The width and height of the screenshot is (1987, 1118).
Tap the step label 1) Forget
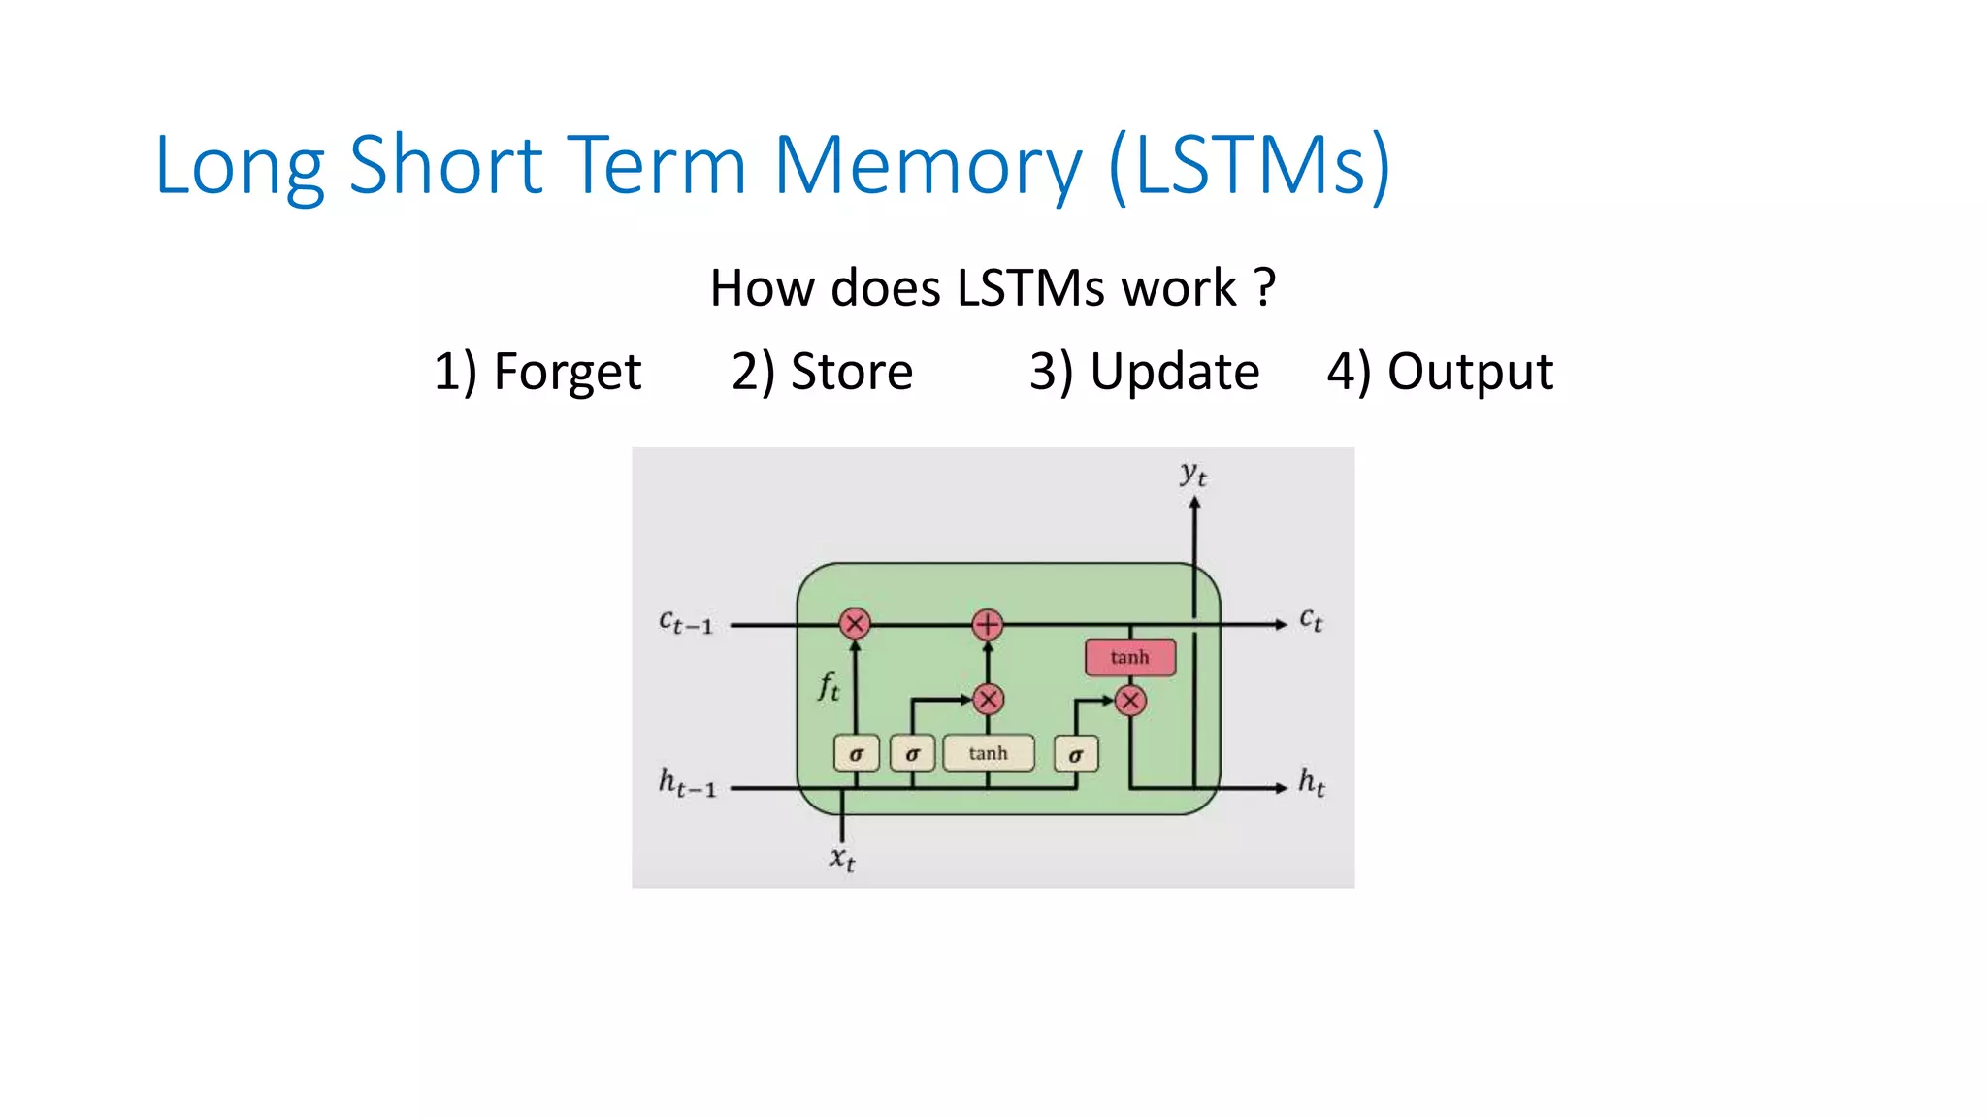click(x=537, y=372)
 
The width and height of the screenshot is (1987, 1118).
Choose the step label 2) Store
click(x=822, y=372)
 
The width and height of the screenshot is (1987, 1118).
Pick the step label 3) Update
click(x=1144, y=372)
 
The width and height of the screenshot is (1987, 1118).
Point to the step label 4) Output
click(x=1440, y=372)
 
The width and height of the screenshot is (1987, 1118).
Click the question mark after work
click(x=1264, y=288)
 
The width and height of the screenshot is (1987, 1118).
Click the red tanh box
click(x=1129, y=657)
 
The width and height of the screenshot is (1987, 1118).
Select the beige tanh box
click(x=988, y=753)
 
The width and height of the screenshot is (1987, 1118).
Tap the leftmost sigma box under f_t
click(x=856, y=754)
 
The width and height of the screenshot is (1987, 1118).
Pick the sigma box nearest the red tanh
click(x=1075, y=754)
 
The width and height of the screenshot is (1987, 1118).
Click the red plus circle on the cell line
click(x=987, y=624)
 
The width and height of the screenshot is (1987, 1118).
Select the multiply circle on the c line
click(x=855, y=623)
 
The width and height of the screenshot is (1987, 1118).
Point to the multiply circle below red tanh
click(x=1130, y=701)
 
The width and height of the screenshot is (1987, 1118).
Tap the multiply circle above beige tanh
click(x=988, y=699)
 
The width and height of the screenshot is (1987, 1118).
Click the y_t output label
click(x=1193, y=475)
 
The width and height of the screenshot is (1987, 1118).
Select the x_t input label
click(x=842, y=859)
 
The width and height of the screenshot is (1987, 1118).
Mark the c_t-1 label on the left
click(x=686, y=622)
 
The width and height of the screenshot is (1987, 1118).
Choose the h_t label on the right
click(x=1312, y=782)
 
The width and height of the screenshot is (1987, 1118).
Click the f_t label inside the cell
click(x=828, y=686)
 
